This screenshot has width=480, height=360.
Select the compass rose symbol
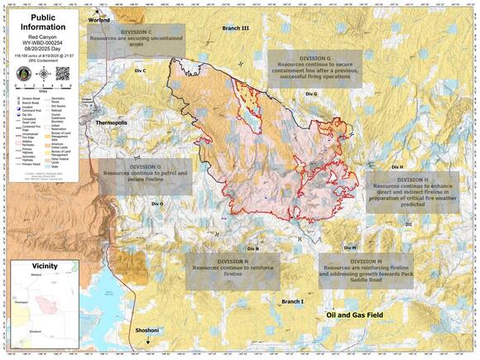(x=41, y=72)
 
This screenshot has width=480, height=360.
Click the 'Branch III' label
(x=236, y=28)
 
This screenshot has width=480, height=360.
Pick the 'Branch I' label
(x=292, y=302)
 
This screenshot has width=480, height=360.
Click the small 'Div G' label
(x=311, y=94)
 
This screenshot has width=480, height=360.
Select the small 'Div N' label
(x=252, y=248)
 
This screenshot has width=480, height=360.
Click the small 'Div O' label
(x=156, y=204)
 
